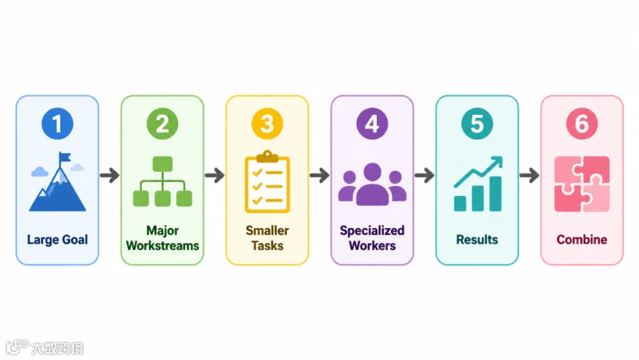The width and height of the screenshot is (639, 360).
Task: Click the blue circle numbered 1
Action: click(x=58, y=124)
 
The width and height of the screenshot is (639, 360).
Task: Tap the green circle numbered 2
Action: click(x=162, y=124)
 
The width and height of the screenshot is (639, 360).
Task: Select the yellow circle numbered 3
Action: click(x=268, y=124)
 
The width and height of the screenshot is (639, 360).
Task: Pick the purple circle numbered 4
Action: click(x=372, y=124)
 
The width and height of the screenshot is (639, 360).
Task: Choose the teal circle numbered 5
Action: click(x=477, y=124)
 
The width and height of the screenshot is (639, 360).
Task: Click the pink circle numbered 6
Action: click(x=582, y=124)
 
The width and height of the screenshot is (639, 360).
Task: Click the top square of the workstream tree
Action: click(x=163, y=164)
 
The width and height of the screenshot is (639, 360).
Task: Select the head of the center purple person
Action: click(x=373, y=171)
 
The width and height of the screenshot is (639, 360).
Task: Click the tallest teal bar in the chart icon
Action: click(x=496, y=194)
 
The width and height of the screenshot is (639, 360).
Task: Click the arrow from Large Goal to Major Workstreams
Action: click(x=109, y=175)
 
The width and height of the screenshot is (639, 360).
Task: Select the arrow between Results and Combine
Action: click(x=530, y=175)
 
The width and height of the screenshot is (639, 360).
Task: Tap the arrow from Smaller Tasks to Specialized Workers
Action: click(x=319, y=175)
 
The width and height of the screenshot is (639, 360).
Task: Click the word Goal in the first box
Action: click(x=75, y=239)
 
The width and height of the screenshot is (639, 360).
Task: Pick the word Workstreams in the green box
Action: click(x=163, y=246)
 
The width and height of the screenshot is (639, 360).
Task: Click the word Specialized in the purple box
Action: click(x=372, y=231)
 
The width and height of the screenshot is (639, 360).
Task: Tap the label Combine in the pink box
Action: click(x=582, y=239)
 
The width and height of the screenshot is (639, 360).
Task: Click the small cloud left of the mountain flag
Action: click(x=40, y=172)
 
